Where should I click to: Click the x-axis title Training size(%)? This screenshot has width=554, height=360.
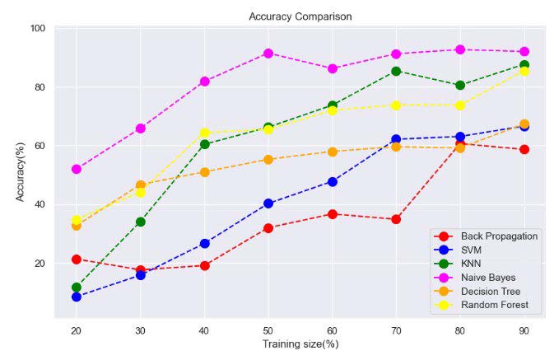[300, 344]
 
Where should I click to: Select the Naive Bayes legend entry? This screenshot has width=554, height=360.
[489, 278]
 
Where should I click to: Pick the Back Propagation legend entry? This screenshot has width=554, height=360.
[489, 236]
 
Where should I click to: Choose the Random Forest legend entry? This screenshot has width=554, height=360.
[489, 306]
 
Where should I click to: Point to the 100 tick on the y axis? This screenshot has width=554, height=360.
[38, 29]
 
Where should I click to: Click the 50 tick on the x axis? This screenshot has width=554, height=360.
[268, 329]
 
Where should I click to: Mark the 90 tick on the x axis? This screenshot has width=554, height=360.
[524, 329]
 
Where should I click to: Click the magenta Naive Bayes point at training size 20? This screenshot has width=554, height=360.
[77, 169]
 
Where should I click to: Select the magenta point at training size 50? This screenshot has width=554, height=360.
[268, 53]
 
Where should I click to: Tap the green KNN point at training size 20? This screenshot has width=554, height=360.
[77, 288]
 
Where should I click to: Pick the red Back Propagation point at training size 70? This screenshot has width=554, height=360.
[396, 219]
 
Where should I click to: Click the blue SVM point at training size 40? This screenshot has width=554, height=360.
[204, 243]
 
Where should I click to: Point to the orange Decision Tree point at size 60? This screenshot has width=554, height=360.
[332, 152]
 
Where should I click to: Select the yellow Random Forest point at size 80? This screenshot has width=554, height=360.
[459, 105]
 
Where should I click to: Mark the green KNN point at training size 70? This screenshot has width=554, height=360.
[396, 71]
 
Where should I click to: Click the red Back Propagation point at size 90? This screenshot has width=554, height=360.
[524, 149]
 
